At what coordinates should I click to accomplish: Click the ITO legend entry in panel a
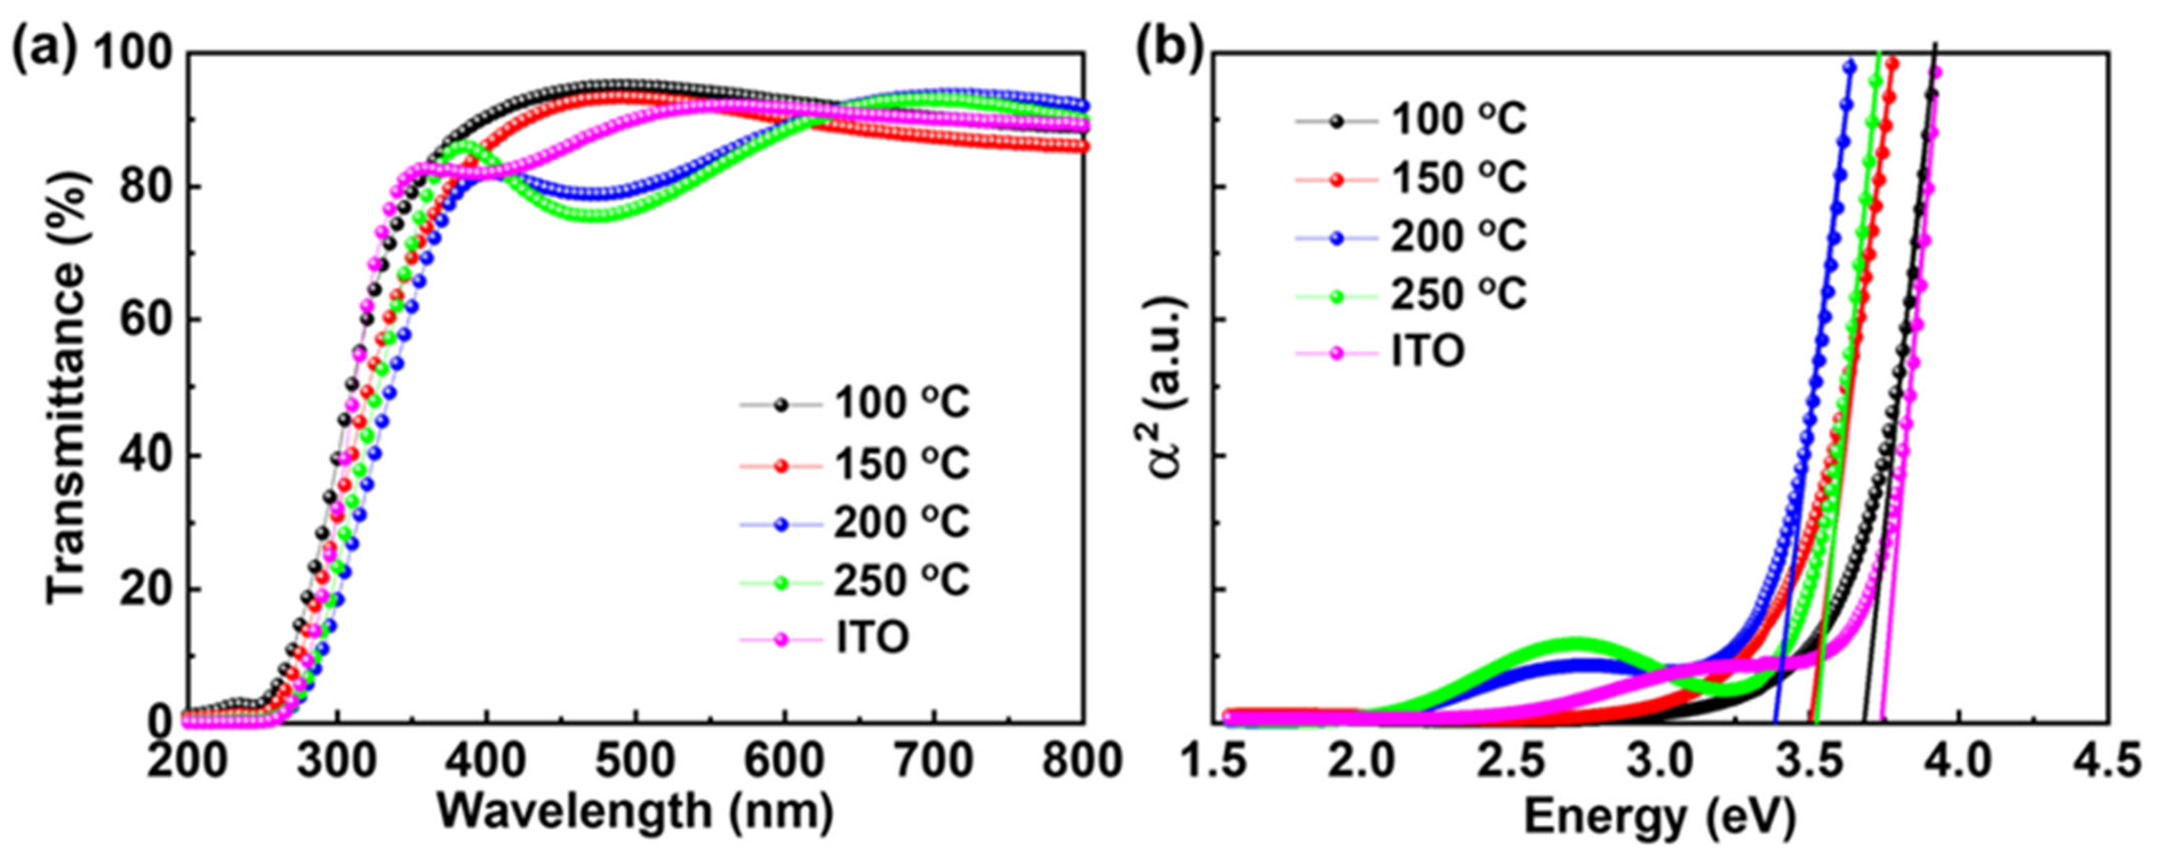[873, 640]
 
